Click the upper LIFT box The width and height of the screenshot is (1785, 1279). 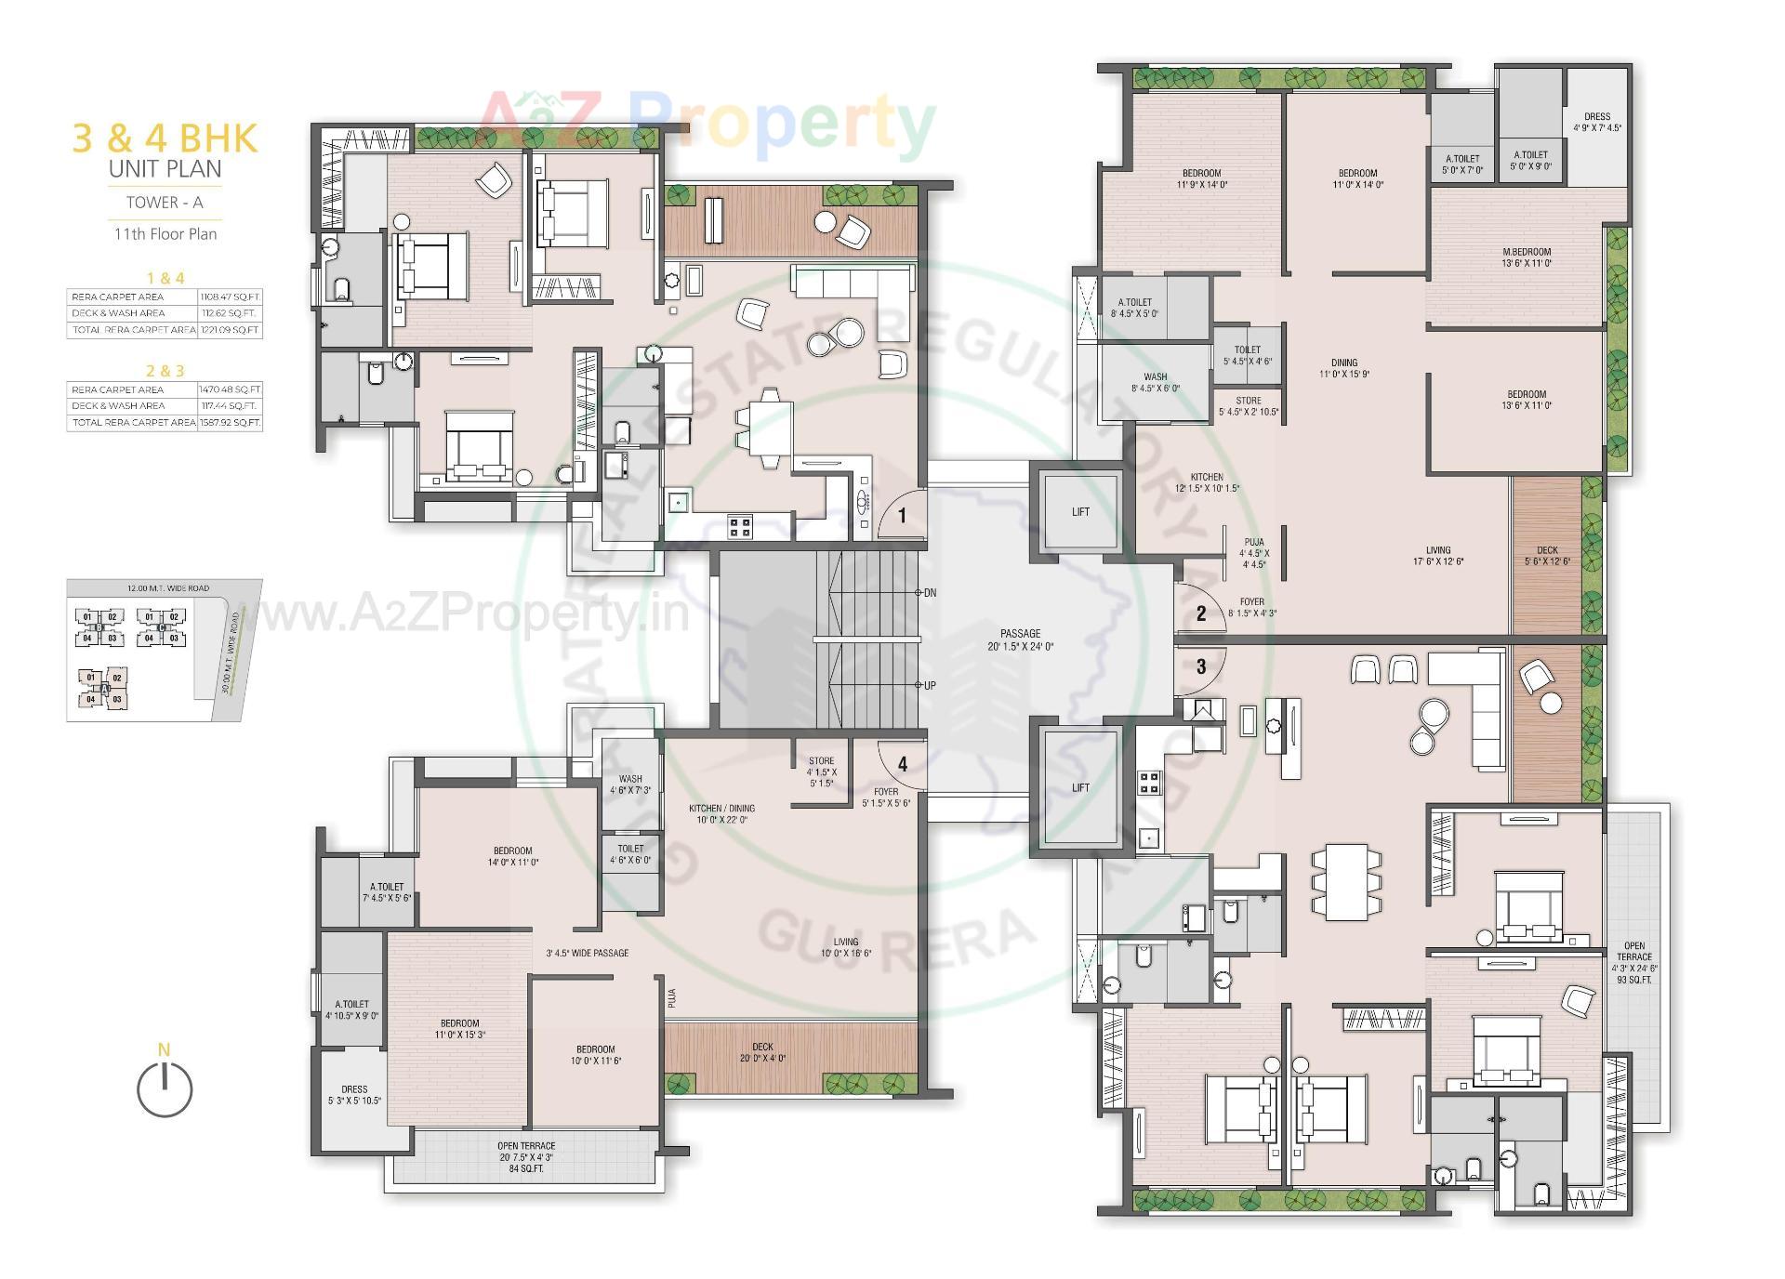point(1079,512)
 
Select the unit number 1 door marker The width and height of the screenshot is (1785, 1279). point(901,515)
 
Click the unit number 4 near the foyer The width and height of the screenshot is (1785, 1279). point(902,764)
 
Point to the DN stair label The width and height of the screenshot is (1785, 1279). point(930,592)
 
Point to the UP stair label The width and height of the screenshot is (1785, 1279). point(930,685)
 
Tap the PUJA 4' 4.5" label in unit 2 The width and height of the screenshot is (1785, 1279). point(1253,553)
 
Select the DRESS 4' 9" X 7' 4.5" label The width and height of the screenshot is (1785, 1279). point(1596,123)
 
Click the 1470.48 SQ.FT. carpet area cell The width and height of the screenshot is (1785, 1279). point(230,389)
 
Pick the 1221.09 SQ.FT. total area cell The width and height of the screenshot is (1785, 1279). point(230,330)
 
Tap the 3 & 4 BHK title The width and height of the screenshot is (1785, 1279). point(165,138)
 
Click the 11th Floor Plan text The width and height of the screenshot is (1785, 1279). point(165,234)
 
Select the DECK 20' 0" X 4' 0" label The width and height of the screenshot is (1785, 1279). point(762,1052)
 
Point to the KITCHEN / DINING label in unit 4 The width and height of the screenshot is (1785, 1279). point(721,814)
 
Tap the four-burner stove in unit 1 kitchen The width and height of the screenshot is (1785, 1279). point(740,527)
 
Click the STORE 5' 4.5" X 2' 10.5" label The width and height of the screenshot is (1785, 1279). point(1248,406)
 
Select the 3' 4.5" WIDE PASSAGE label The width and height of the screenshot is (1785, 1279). point(587,953)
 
